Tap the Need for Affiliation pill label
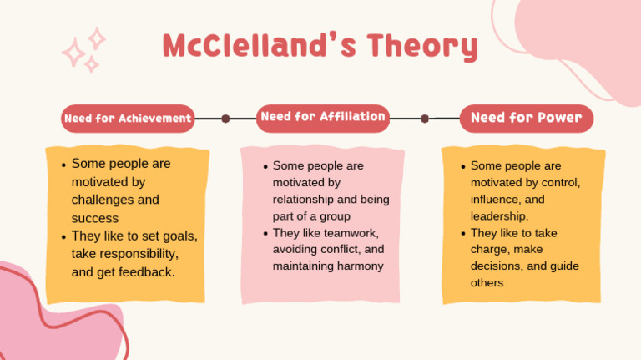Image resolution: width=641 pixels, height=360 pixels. [322, 117]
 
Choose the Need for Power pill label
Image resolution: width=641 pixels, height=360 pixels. [526, 118]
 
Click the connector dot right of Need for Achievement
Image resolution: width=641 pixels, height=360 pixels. [225, 119]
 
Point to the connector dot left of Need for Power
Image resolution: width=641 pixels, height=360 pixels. [425, 119]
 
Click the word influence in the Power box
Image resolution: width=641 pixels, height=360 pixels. [497, 200]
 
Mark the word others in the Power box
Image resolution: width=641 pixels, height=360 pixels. [487, 283]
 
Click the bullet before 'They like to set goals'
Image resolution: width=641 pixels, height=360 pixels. [63, 236]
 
